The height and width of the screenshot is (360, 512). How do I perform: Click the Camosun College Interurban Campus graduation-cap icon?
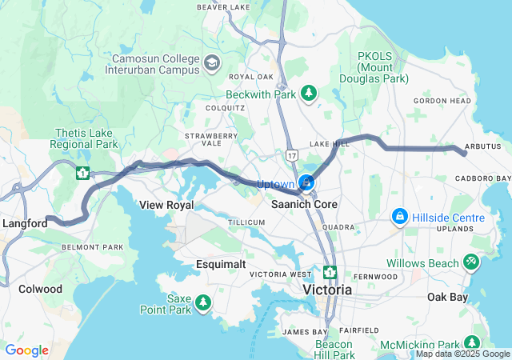click(x=212, y=62)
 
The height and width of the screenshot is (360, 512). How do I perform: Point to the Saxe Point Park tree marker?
click(x=204, y=302)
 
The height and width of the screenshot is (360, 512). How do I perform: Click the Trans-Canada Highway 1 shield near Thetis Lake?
click(x=82, y=172)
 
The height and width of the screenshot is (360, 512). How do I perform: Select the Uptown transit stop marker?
click(x=307, y=185)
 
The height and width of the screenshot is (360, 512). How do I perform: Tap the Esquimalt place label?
click(x=221, y=263)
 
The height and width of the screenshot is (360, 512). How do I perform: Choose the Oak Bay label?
click(x=446, y=297)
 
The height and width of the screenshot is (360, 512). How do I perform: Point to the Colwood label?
click(x=40, y=288)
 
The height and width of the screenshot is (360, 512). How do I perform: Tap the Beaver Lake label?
click(x=223, y=7)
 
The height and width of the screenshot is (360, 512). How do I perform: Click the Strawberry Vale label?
click(x=211, y=140)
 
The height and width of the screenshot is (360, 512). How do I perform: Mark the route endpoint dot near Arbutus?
click(x=464, y=153)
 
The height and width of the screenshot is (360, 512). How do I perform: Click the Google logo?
click(x=26, y=350)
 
